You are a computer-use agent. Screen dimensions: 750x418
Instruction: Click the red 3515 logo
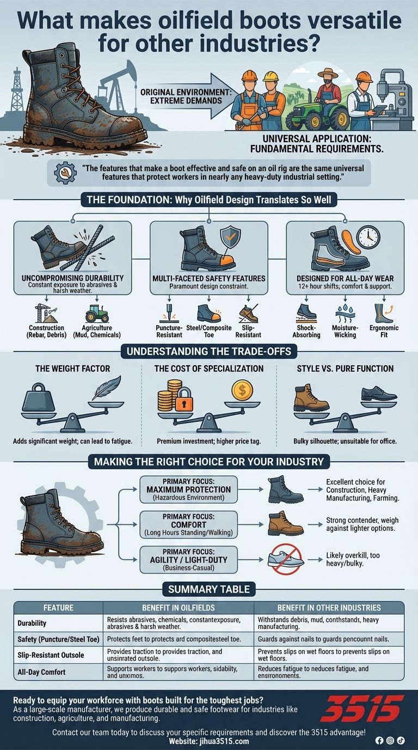[x=362, y=708]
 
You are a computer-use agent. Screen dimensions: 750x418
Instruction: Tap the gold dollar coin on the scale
[x=242, y=390]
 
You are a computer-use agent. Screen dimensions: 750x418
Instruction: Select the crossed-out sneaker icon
[x=285, y=559]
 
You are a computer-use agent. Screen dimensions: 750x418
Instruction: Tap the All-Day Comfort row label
[x=41, y=672]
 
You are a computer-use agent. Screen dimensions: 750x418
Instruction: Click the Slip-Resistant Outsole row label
[x=51, y=655]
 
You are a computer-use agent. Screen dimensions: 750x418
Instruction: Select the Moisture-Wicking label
[x=345, y=331]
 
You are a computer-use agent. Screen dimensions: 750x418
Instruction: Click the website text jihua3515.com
[x=208, y=741]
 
